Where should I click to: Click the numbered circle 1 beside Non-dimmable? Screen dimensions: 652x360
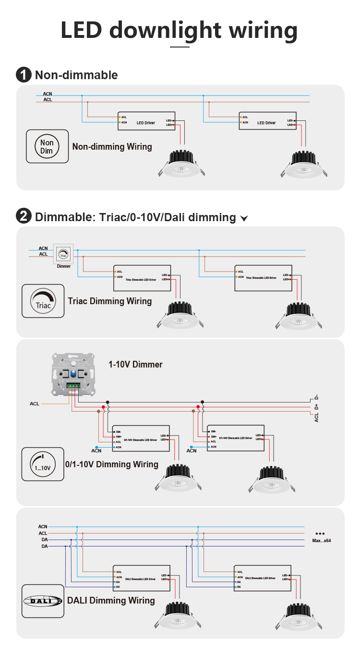pyautogui.click(x=24, y=75)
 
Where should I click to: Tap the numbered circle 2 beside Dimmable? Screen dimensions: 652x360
pyautogui.click(x=24, y=217)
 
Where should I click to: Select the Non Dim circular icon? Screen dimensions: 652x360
pyautogui.click(x=47, y=147)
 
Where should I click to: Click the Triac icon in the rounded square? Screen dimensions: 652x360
pyautogui.click(x=43, y=301)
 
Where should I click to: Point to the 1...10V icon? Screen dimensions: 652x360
pyautogui.click(x=43, y=464)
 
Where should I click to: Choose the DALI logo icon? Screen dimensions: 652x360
pyautogui.click(x=43, y=601)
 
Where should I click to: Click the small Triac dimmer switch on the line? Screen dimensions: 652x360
pyautogui.click(x=63, y=254)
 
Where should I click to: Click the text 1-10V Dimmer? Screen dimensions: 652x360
pyautogui.click(x=135, y=365)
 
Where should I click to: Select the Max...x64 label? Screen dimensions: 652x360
pyautogui.click(x=321, y=541)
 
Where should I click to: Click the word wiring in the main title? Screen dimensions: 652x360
pyautogui.click(x=263, y=30)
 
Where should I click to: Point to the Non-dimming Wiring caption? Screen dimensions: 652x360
pyautogui.click(x=112, y=147)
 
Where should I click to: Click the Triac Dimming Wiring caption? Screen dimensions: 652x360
pyautogui.click(x=110, y=301)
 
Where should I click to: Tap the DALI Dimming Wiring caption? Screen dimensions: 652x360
pyautogui.click(x=111, y=601)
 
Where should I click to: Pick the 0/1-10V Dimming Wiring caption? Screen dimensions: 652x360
pyautogui.click(x=112, y=464)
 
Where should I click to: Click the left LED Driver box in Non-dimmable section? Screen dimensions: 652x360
pyautogui.click(x=146, y=122)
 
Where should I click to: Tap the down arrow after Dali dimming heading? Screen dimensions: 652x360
pyautogui.click(x=244, y=219)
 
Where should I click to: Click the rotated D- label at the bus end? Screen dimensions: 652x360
pyautogui.click(x=316, y=397)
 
